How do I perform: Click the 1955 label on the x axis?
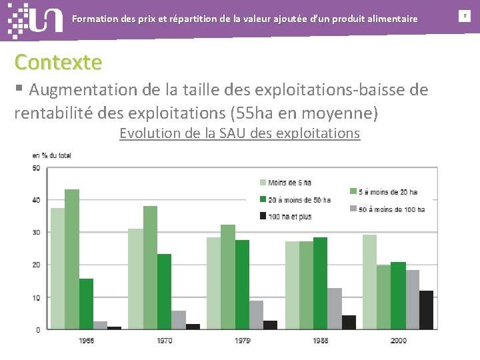tap(87, 340)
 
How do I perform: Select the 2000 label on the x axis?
tap(397, 340)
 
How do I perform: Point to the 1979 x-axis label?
tap(242, 340)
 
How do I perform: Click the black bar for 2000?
tap(426, 310)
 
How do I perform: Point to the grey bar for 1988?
tap(335, 309)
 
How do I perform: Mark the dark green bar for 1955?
tap(86, 304)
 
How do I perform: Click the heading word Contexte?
tap(59, 62)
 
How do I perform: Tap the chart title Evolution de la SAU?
tap(239, 133)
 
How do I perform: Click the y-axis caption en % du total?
tap(51, 155)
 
